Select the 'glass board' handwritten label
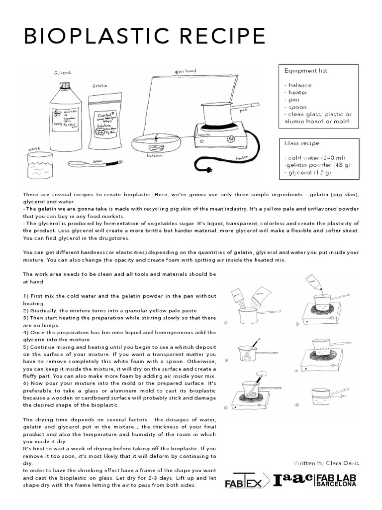tap(185, 71)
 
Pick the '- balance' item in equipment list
tap(297, 85)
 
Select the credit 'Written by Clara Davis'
tap(326, 463)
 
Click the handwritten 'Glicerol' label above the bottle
tap(63, 73)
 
